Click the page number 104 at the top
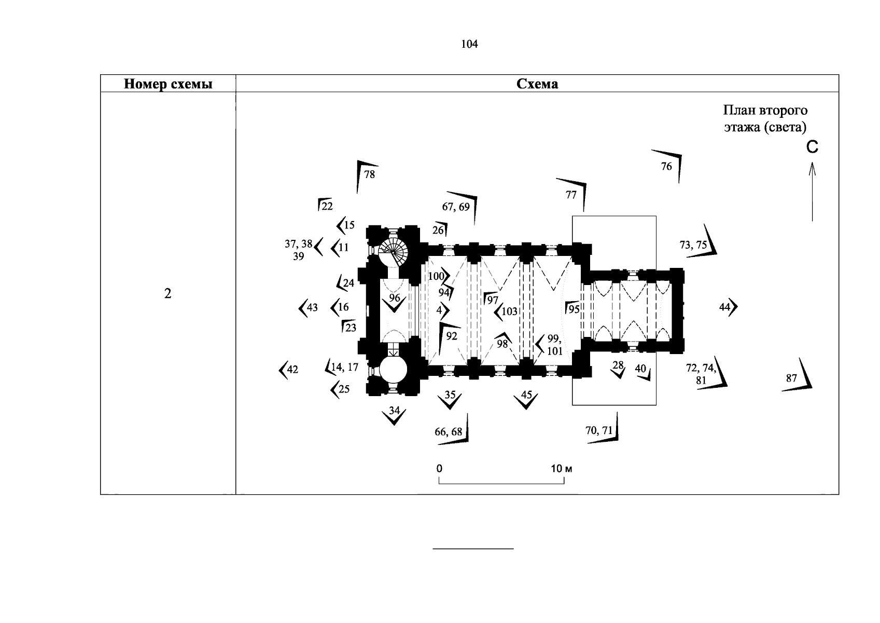469,44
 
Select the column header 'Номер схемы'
168,84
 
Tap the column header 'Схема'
537,84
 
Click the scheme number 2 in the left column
167,294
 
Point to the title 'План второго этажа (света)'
765,118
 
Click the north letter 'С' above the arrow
812,147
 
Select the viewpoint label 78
369,174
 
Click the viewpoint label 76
666,166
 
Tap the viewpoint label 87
791,378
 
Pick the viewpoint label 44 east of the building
725,307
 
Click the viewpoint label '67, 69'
456,207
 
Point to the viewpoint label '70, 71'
599,430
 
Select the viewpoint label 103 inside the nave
510,311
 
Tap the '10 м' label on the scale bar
561,469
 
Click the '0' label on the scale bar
439,469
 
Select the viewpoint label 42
292,370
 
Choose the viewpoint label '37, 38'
298,243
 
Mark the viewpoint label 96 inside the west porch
395,298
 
